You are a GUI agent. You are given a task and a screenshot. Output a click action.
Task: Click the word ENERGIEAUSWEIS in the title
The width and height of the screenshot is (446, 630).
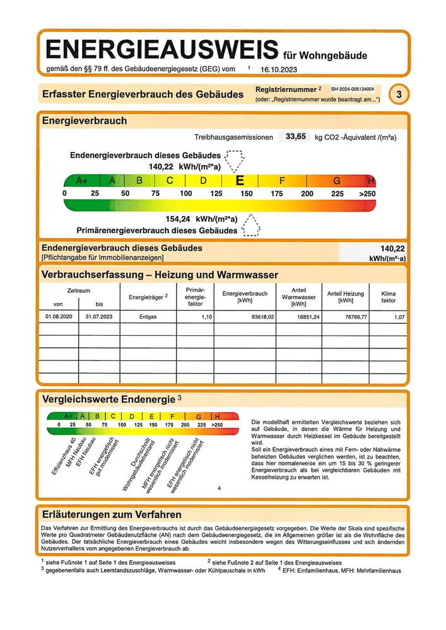click(x=161, y=49)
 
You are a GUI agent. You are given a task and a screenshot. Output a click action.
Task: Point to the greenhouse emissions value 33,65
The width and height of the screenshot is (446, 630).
click(x=296, y=136)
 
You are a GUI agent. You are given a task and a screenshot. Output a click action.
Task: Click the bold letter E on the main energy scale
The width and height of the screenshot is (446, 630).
click(x=240, y=180)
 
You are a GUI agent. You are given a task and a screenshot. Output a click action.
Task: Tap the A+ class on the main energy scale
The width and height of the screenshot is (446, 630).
click(x=81, y=181)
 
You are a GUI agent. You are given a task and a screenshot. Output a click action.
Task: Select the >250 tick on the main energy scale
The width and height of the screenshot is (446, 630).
click(x=367, y=194)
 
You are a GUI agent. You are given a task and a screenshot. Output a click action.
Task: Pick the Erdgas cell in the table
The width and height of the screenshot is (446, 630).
click(x=148, y=318)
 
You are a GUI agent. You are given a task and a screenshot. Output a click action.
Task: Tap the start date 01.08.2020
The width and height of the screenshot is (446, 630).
click(x=60, y=318)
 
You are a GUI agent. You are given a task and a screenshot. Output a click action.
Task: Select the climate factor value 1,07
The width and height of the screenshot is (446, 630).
click(x=399, y=318)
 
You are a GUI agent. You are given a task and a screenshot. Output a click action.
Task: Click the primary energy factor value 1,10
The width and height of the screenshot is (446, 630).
click(x=206, y=318)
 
